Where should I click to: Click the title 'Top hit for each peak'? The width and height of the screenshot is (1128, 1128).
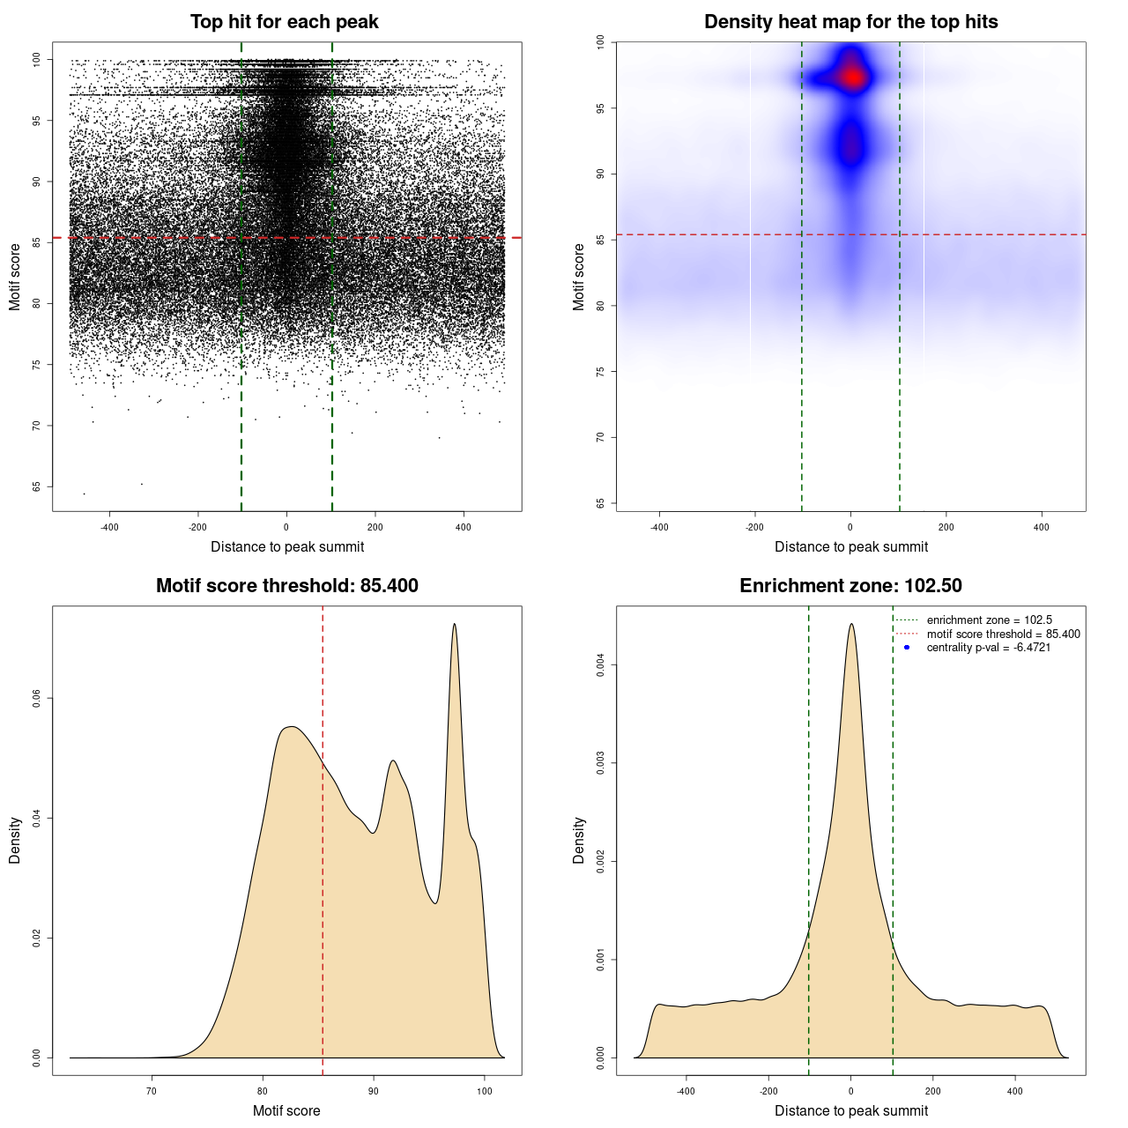click(284, 22)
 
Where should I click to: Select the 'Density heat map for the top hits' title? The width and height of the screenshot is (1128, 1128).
click(850, 22)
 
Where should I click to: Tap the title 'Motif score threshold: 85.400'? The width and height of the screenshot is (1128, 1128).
click(286, 586)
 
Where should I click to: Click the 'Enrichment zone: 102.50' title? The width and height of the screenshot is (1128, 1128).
click(850, 586)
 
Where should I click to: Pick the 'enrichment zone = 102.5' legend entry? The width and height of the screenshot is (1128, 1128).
click(989, 620)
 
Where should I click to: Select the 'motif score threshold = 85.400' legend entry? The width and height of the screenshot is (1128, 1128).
click(1003, 634)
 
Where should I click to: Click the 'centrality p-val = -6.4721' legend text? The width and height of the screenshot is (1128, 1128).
click(988, 648)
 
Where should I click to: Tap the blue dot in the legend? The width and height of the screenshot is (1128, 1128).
click(907, 648)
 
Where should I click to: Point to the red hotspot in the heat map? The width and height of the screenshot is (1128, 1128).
click(852, 78)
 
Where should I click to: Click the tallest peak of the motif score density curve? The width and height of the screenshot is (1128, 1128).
click(455, 625)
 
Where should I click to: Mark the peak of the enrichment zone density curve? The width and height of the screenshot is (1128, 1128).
click(851, 625)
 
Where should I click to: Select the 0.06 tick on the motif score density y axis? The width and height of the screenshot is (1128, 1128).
click(36, 698)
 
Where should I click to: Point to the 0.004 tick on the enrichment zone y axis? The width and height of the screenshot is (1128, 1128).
click(600, 664)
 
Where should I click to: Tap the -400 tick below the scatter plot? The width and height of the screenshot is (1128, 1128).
click(109, 528)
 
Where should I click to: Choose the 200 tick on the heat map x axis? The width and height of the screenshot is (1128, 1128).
click(946, 528)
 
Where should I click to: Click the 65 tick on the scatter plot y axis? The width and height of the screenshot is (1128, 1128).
click(36, 486)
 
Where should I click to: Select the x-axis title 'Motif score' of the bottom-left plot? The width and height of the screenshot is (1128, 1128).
click(286, 1110)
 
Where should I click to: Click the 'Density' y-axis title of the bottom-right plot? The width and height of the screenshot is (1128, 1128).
click(579, 840)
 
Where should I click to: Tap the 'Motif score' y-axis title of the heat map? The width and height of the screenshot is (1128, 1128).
click(579, 277)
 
